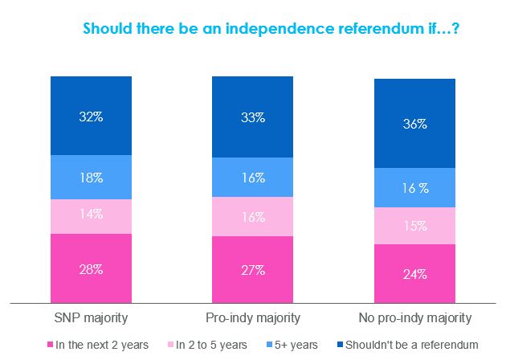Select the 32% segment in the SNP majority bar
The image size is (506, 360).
(x=91, y=116)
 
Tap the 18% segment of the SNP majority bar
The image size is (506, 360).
(x=91, y=178)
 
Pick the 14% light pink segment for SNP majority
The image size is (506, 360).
(x=91, y=215)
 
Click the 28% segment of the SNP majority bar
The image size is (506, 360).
(x=91, y=268)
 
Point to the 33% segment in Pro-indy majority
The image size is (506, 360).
(x=252, y=117)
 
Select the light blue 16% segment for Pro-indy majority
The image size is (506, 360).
(x=252, y=178)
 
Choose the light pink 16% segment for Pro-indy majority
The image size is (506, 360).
(x=252, y=218)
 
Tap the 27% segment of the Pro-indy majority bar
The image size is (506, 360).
(x=252, y=270)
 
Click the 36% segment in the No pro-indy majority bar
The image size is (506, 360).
(x=415, y=124)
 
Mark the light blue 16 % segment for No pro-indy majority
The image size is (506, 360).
(x=415, y=188)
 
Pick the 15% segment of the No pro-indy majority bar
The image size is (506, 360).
(x=415, y=227)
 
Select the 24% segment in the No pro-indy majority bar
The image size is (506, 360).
(x=415, y=273)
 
